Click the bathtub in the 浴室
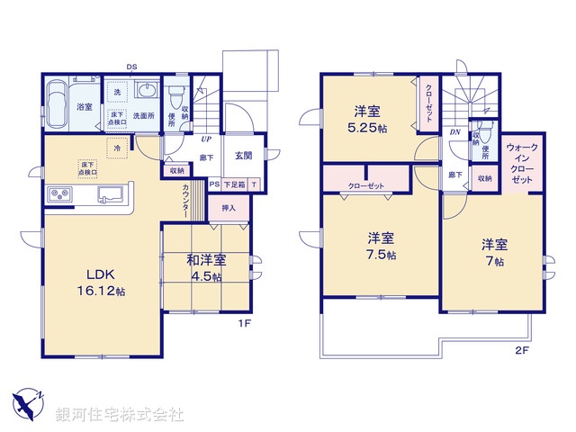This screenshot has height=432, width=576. click(x=57, y=106)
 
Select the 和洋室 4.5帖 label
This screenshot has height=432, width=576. click(x=206, y=268)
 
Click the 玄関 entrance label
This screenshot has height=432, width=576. click(x=244, y=156)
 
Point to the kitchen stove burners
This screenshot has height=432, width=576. click(x=59, y=193)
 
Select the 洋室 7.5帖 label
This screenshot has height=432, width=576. click(x=381, y=246)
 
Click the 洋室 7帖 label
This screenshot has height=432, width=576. click(x=492, y=252)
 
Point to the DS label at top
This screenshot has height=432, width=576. click(x=131, y=67)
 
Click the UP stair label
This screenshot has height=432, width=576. click(x=206, y=139)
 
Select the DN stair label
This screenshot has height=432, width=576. click(x=455, y=131)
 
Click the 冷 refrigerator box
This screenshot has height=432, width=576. click(x=117, y=147)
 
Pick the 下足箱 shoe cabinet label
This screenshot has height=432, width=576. click(x=236, y=184)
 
